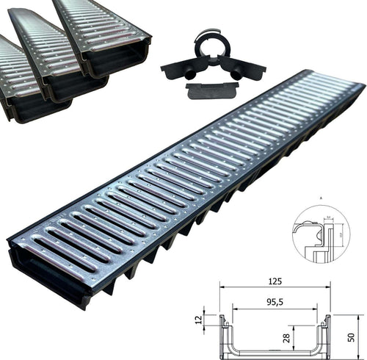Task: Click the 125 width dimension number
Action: (275, 281)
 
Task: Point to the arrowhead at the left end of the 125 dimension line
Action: (222, 287)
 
